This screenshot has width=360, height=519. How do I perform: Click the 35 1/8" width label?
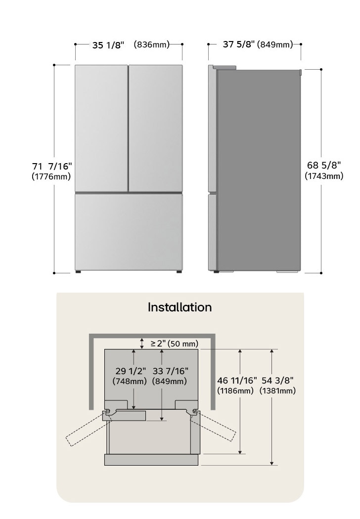tap(108, 44)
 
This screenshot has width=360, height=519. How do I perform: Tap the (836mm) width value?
tap(152, 44)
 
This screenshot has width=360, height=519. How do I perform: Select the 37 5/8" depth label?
tap(239, 44)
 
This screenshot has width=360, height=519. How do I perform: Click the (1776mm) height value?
tap(51, 176)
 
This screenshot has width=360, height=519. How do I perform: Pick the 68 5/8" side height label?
tap(324, 165)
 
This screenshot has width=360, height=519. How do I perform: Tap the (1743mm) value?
tap(324, 176)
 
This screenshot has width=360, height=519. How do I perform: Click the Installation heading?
tap(180, 307)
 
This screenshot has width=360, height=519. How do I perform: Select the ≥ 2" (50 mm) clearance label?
tap(175, 343)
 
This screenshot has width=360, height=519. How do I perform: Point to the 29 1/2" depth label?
tap(131, 371)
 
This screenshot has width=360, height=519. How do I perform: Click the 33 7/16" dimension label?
tap(170, 371)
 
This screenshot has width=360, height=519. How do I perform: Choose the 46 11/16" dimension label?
tap(237, 381)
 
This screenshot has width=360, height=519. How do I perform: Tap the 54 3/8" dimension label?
tap(277, 381)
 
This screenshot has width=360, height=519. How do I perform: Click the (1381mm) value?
tap(277, 391)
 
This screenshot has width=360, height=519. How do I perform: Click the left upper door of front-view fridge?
tap(101, 128)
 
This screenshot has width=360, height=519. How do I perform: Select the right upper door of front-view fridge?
tap(155, 128)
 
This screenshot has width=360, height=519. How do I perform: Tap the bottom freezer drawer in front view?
tap(129, 232)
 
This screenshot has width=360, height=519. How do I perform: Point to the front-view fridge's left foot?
tap(79, 271)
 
